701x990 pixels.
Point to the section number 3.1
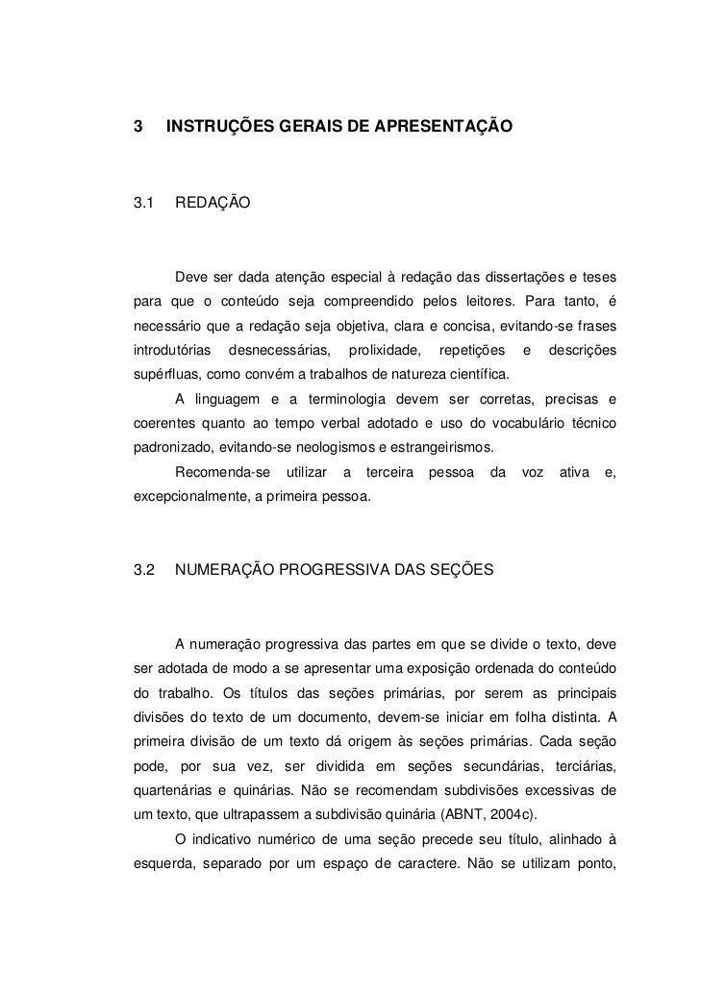144,204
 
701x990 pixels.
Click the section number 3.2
144,570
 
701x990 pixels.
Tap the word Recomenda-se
216,474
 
